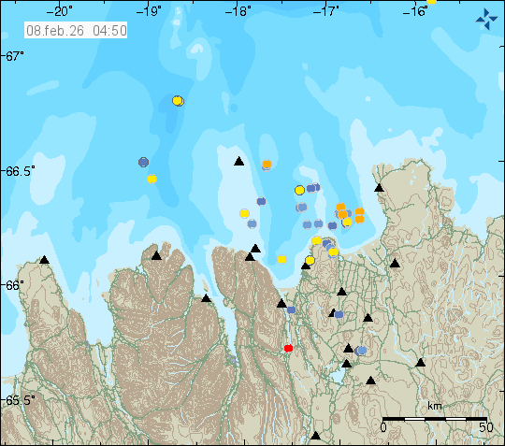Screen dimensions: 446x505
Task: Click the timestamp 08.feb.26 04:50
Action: click(77, 30)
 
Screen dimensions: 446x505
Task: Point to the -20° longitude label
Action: click(63, 11)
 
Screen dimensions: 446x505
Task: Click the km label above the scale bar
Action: click(434, 407)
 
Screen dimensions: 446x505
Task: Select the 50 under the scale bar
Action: click(485, 427)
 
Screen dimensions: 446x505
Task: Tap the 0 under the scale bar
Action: click(383, 427)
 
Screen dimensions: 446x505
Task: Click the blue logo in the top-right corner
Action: click(486, 17)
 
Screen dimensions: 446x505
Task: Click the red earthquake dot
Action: click(288, 348)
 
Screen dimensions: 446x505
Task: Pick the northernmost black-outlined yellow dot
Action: click(178, 100)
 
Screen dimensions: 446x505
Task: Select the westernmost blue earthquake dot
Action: click(143, 162)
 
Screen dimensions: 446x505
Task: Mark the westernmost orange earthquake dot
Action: click(267, 165)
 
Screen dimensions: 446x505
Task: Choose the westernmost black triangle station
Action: click(44, 259)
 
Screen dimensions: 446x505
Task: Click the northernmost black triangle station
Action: click(238, 161)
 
